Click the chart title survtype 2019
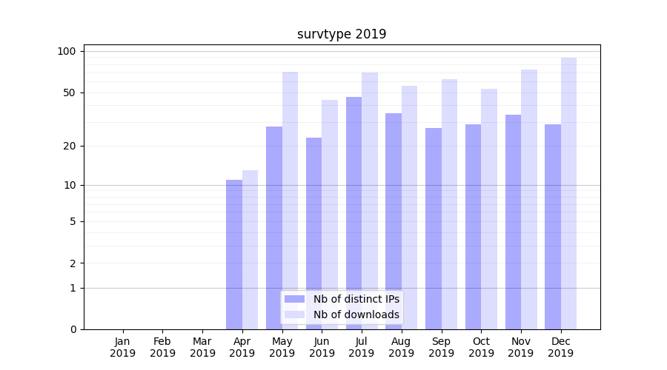click(342, 34)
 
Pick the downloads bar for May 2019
click(290, 200)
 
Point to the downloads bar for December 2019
click(568, 193)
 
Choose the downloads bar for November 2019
click(529, 199)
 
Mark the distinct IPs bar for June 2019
click(313, 233)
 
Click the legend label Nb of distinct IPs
click(356, 299)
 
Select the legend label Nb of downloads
click(356, 314)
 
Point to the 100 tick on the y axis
click(67, 51)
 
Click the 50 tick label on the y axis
click(69, 92)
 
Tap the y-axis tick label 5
click(73, 221)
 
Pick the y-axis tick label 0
click(73, 329)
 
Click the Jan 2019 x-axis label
click(123, 347)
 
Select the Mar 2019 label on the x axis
click(202, 347)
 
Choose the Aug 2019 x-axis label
click(402, 347)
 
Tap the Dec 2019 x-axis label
click(561, 347)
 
